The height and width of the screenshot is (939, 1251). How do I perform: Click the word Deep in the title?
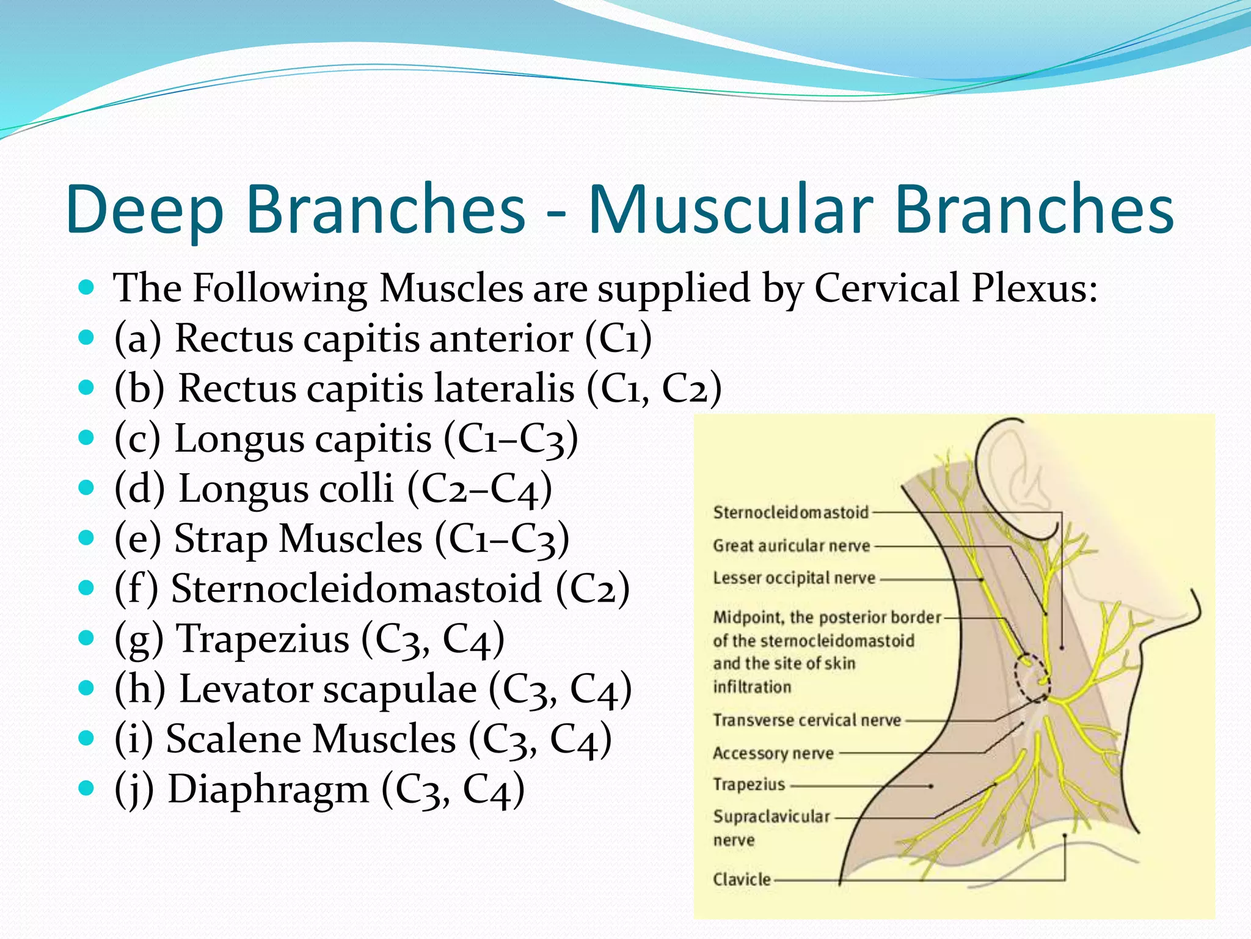145,210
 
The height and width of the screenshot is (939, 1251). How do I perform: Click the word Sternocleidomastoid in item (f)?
356,588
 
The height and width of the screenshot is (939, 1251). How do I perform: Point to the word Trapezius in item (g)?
263,639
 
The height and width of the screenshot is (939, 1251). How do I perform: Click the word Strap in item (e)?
221,540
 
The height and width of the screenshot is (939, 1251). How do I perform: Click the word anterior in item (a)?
501,338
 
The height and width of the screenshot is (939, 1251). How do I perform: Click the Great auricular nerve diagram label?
791,545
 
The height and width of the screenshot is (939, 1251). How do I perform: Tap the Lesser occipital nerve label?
794,578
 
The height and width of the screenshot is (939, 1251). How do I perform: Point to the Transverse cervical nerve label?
807,720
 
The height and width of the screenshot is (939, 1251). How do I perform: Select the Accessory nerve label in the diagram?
773,753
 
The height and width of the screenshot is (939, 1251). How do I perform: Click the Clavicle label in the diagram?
742,879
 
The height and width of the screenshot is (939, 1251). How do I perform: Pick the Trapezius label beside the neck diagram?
749,784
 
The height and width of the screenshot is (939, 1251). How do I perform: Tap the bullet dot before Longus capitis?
86,438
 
